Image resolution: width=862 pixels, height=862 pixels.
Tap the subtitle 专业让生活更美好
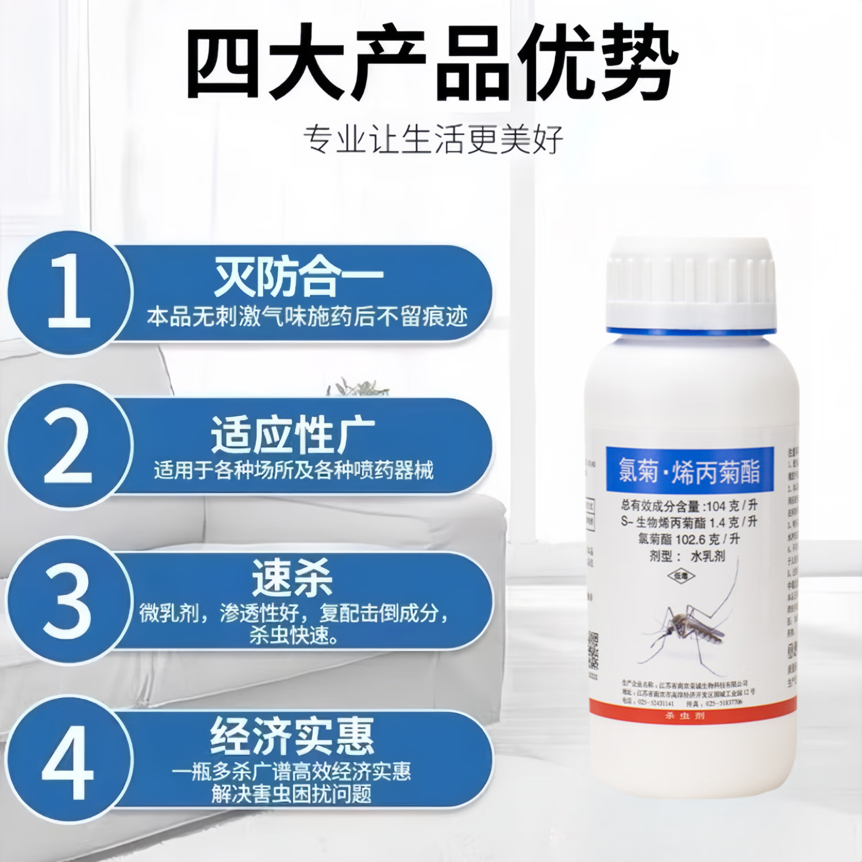[433, 140]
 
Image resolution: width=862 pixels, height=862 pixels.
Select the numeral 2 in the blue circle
[68, 446]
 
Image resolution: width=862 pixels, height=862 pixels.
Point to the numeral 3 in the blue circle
[67, 600]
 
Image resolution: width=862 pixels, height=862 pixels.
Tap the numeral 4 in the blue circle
[67, 762]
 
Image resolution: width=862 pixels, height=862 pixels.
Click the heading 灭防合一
[298, 278]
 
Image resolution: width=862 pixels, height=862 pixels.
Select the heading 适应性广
[293, 436]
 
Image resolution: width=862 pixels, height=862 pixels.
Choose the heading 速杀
[293, 578]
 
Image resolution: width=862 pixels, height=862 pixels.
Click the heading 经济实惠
[292, 736]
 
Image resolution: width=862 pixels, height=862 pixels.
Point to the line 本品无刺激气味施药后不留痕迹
[307, 317]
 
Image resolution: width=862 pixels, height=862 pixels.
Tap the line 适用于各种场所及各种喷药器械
[293, 471]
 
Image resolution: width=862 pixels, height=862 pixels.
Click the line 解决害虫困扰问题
[291, 794]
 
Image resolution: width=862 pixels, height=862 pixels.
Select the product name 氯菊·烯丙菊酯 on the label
[689, 471]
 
